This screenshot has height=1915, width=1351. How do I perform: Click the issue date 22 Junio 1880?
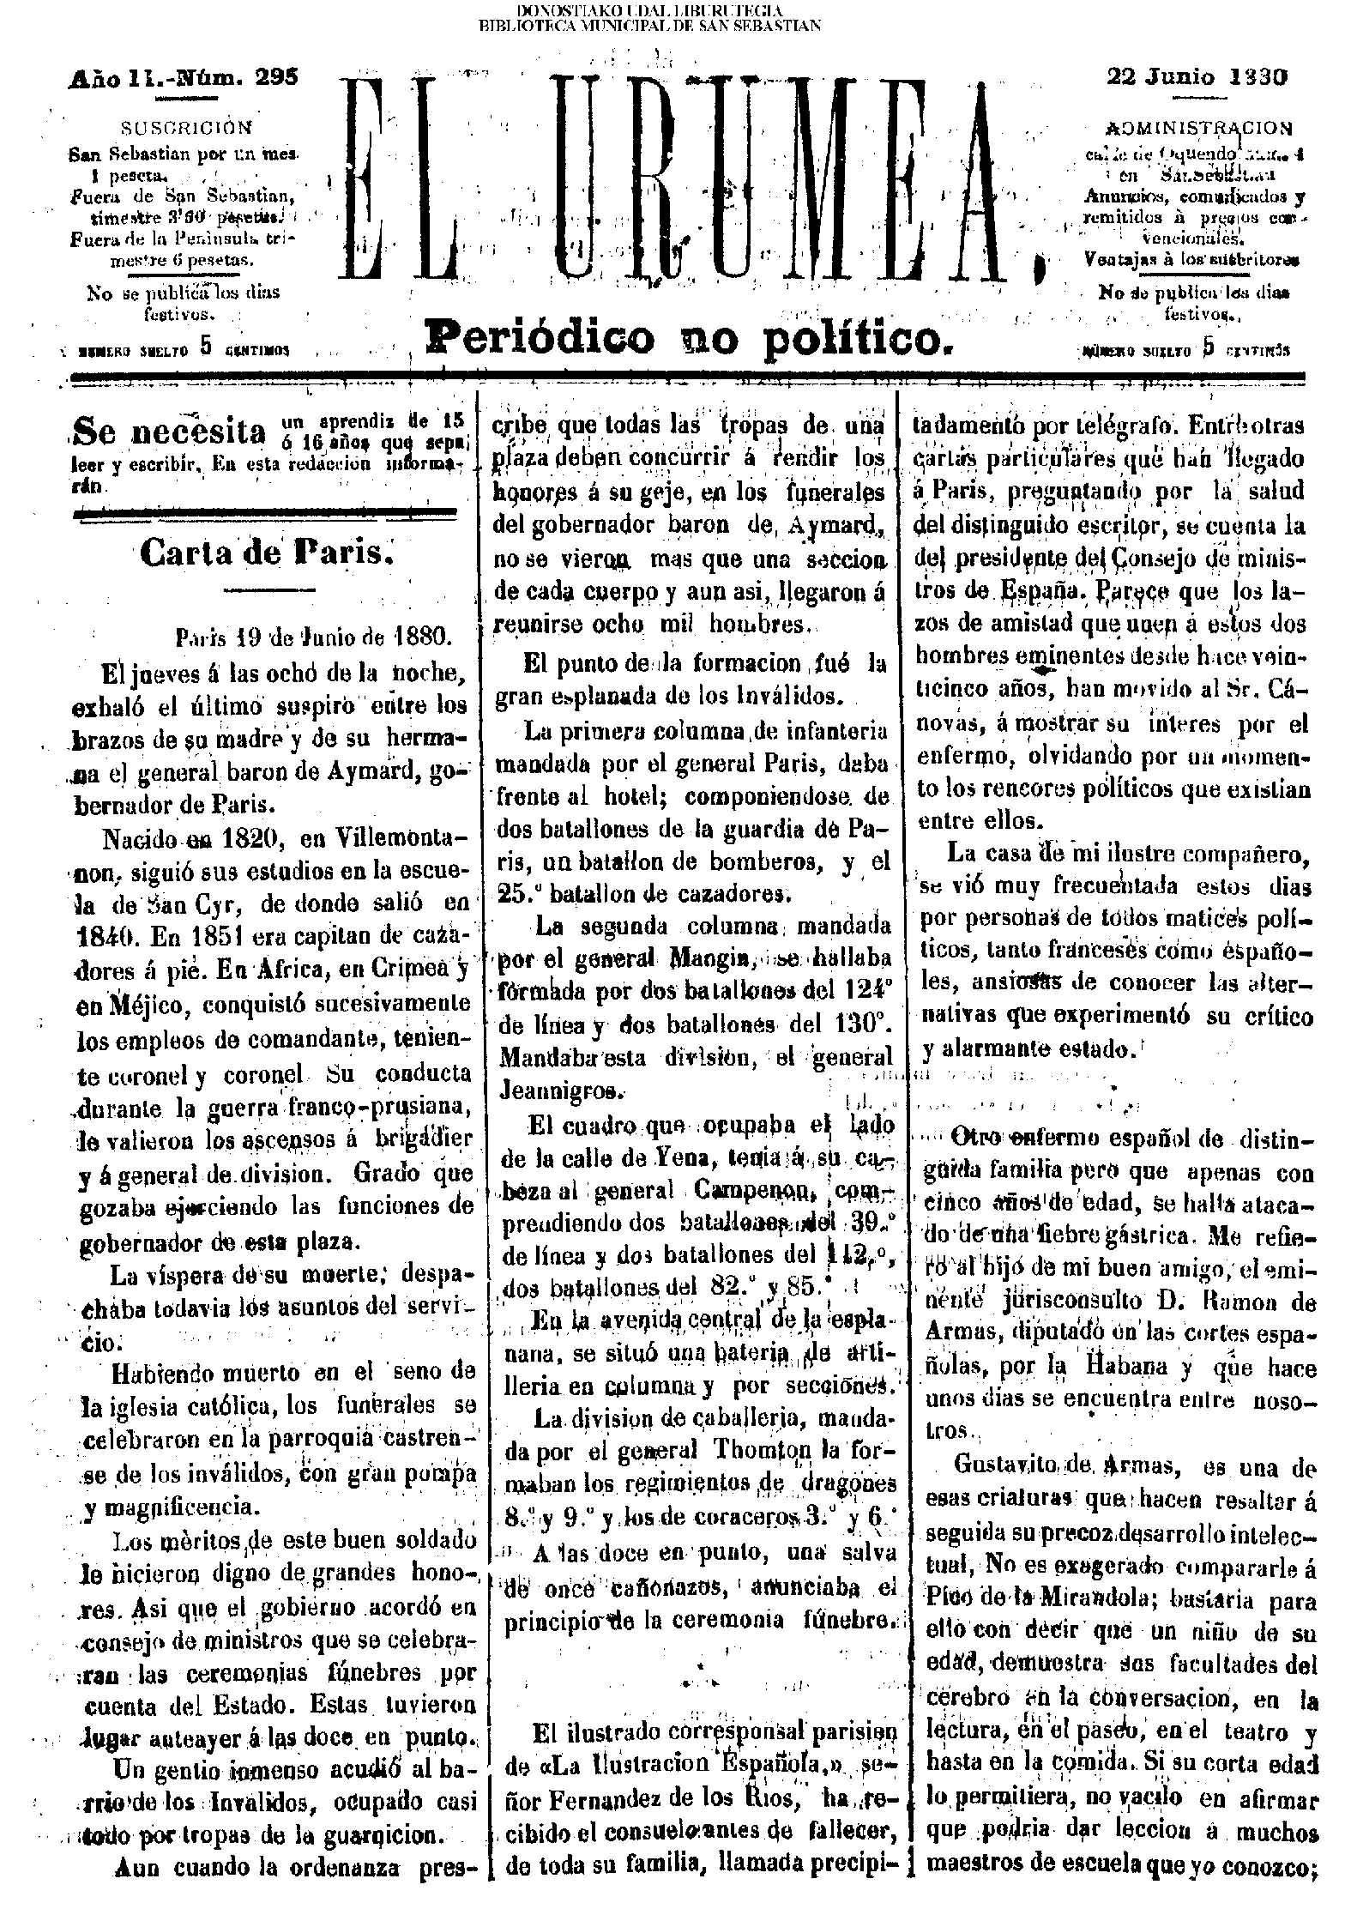click(1197, 77)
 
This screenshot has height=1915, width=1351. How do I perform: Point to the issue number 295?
click(275, 78)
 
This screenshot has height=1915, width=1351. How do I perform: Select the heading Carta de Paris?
click(266, 553)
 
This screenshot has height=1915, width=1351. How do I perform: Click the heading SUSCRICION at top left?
click(187, 128)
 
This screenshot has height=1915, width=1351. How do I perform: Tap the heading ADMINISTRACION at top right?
click(1198, 129)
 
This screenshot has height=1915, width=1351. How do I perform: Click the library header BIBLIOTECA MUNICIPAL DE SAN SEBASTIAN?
click(649, 25)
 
